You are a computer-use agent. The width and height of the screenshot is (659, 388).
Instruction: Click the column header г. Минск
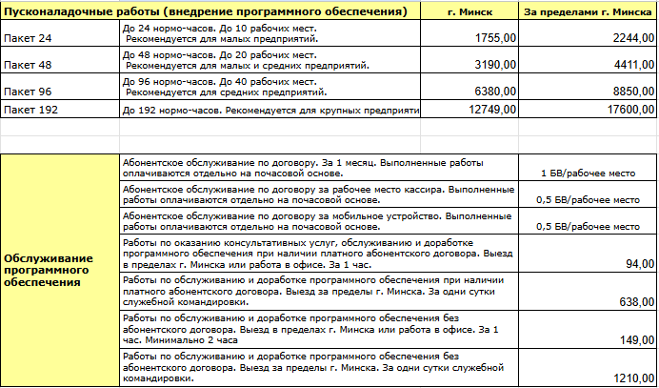click(469, 11)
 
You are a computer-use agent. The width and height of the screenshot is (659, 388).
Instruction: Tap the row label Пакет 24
click(26, 39)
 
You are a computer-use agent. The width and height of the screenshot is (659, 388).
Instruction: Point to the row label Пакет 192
click(29, 110)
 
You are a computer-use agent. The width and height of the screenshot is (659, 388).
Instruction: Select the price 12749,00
click(493, 110)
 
